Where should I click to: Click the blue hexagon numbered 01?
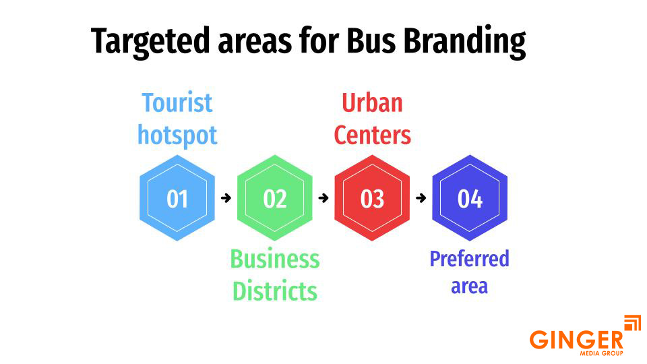point(177,198)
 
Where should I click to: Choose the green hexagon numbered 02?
point(275,198)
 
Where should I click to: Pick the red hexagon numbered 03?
point(372,198)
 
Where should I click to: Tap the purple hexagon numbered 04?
point(470,198)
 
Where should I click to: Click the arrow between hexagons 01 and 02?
point(226,198)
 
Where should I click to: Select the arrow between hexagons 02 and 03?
point(323,198)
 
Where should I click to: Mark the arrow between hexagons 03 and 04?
point(421,198)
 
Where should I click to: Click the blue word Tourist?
point(177,103)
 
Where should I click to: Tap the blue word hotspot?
point(177,135)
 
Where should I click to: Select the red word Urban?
point(372,103)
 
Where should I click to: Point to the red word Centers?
point(372,135)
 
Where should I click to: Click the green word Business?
point(275,260)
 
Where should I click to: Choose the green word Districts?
point(275,291)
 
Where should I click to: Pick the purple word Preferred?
point(470,259)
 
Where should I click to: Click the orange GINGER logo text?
point(576,339)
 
